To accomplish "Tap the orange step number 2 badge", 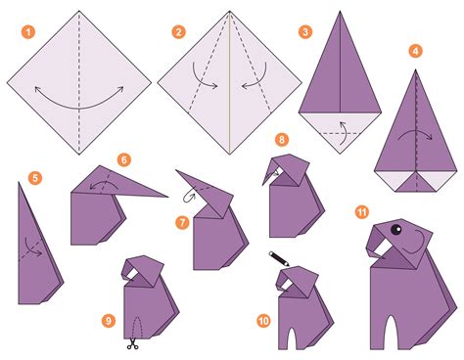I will pos(178,31).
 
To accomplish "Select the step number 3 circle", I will pos(306,31).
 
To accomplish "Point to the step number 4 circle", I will pos(416,49).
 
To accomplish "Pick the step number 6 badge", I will pos(124,158).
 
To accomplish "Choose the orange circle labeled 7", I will pos(182,222).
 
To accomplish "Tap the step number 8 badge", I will pos(282,140).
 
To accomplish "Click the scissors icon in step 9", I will pos(130,342).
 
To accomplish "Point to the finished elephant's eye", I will pos(396,232).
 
